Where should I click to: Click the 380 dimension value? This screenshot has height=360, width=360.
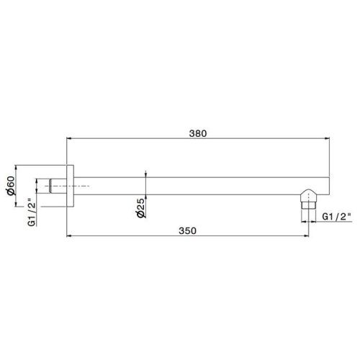[x=198, y=133]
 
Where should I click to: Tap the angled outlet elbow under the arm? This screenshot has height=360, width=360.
[x=307, y=197]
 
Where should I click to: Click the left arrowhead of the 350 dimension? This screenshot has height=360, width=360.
[x=68, y=235]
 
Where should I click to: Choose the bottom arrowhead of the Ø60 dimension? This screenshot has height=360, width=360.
[x=19, y=210]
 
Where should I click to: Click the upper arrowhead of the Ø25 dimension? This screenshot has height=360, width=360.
[x=146, y=175]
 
